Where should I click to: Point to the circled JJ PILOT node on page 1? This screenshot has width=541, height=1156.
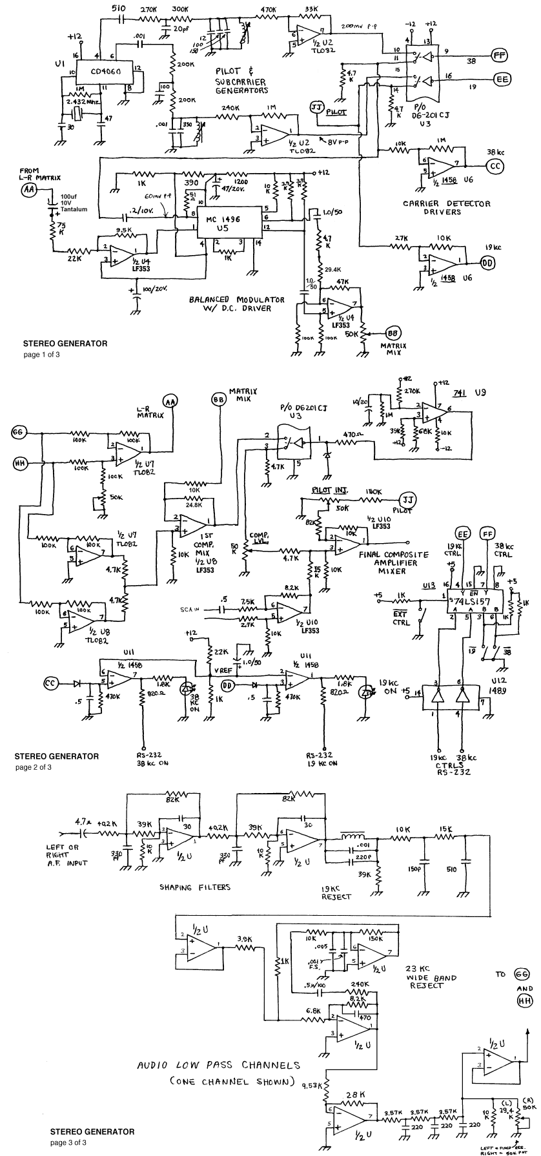(x=316, y=108)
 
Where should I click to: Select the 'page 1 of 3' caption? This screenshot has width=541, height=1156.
(x=41, y=355)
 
